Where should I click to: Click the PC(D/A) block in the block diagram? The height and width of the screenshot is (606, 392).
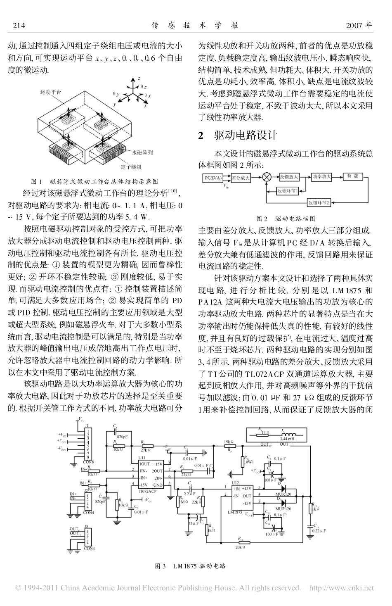coord(213,178)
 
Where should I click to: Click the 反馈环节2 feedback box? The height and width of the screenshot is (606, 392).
coord(320,202)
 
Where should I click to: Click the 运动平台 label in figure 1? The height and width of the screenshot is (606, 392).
coord(50,93)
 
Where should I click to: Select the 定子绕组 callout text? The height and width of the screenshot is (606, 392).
coord(131,167)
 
